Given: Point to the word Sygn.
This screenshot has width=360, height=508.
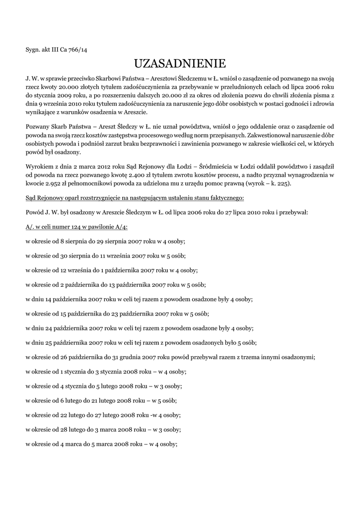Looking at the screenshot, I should tap(34, 49).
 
